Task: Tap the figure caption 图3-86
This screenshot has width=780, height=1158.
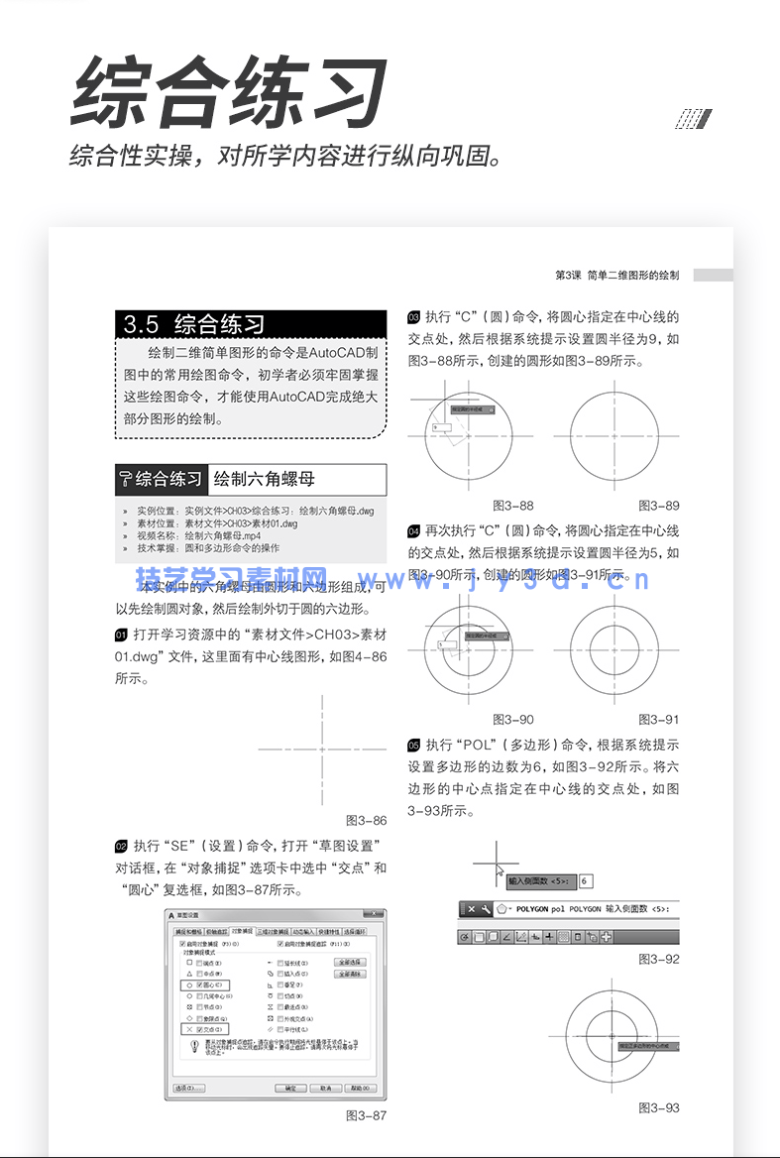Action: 366,820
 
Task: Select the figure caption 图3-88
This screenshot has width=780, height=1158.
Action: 512,505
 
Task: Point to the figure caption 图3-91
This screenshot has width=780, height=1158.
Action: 658,719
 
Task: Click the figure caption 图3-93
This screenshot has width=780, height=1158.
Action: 658,1107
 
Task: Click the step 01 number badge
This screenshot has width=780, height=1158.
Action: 121,635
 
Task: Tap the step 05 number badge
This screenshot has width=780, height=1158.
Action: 414,745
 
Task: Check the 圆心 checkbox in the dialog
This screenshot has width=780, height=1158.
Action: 198,985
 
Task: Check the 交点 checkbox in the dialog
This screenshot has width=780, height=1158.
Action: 198,1029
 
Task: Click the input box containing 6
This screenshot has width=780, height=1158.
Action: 586,880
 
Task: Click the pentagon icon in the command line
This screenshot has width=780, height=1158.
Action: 502,908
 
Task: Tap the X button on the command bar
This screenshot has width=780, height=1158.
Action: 471,908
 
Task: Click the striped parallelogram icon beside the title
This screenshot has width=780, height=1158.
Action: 693,119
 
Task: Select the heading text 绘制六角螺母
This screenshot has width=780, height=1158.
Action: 265,479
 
